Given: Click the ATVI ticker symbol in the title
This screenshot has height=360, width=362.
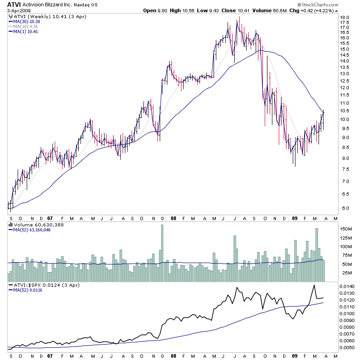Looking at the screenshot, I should (x=13, y=5).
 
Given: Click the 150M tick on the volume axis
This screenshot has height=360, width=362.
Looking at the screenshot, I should (x=346, y=229).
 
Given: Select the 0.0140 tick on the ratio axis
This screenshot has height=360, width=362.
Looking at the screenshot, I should (x=347, y=287).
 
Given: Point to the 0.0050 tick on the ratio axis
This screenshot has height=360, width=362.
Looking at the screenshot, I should (x=347, y=347).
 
